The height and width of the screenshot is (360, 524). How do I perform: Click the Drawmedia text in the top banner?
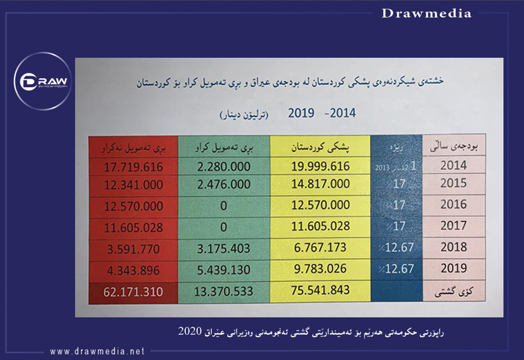point(426,14)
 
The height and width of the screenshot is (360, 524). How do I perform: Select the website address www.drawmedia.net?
point(97,351)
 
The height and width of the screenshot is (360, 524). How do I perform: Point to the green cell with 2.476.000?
point(224,184)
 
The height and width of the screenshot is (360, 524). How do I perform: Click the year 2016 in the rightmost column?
point(453,205)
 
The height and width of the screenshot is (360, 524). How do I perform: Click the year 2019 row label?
point(453,268)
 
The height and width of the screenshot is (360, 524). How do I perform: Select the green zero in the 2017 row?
point(224,227)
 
